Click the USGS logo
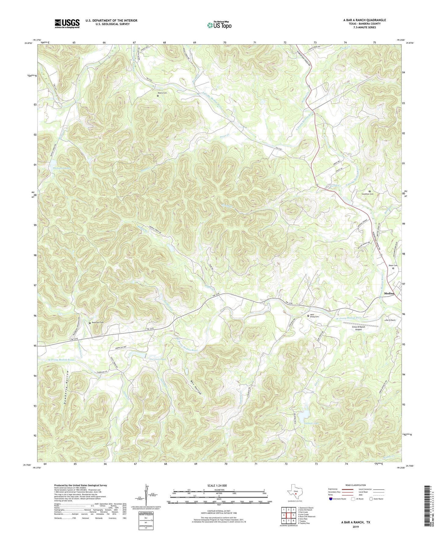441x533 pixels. (67, 23)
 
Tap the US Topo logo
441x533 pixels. (219, 25)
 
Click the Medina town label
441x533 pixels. (389, 293)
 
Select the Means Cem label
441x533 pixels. (162, 93)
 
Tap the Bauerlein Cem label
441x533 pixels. (98, 323)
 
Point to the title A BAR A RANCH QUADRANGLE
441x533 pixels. (364, 20)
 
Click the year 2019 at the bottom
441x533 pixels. (356, 527)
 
